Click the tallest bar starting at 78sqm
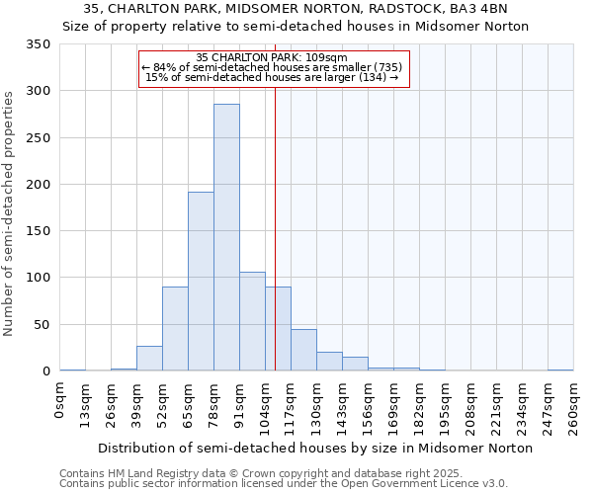226,237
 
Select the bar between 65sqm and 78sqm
201,282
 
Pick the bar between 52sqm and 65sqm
175,329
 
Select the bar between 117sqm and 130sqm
303,350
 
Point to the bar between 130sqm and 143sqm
329,362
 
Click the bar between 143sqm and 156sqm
355,364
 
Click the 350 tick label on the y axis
39,44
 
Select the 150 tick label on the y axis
39,231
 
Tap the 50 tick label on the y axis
42,324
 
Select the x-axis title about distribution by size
315,448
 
